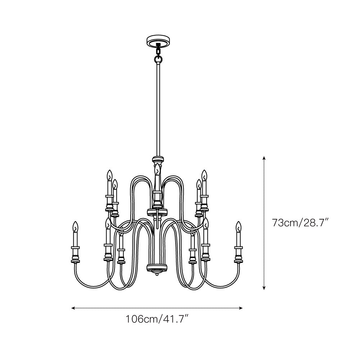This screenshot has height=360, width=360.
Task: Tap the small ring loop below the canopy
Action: click(x=158, y=59)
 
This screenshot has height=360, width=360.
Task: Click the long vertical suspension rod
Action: click(x=158, y=108)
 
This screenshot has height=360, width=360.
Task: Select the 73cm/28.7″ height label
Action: click(x=301, y=223)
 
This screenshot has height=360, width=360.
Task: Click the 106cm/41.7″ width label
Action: click(x=157, y=319)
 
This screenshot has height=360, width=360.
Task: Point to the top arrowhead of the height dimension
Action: click(x=264, y=158)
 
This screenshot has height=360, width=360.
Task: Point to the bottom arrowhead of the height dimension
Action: click(x=264, y=288)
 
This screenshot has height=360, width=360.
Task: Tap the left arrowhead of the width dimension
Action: click(x=73, y=308)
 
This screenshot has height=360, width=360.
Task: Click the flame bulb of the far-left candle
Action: click(x=75, y=227)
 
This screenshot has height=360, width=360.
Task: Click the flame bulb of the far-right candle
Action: click(x=238, y=227)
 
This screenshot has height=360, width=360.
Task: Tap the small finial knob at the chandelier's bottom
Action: click(x=157, y=275)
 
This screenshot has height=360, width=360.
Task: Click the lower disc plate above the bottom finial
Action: click(x=157, y=268)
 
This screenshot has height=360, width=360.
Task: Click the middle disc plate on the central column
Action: click(x=157, y=211)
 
